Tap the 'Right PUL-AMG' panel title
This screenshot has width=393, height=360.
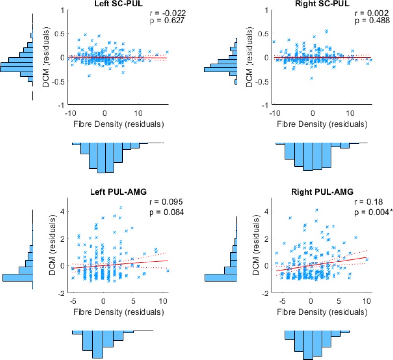pyautogui.click(x=320, y=190)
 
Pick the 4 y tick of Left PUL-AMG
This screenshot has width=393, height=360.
pyautogui.click(x=62, y=211)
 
